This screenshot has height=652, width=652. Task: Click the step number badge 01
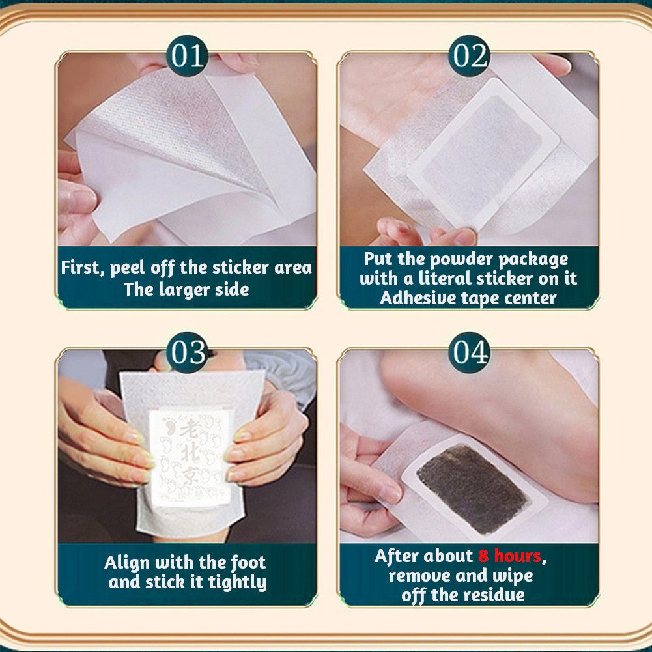pos(187,56)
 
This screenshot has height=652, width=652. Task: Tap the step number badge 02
pos(470,56)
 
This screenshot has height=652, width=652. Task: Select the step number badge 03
pos(187,352)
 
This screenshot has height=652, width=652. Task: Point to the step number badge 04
pos(470,352)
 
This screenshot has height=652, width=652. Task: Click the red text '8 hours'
pos(510,556)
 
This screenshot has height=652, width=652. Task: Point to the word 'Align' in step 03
pos(127,563)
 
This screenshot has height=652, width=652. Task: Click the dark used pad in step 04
pos(472,488)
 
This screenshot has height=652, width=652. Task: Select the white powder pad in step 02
pos(483,154)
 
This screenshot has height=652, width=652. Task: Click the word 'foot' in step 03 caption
pos(248,563)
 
